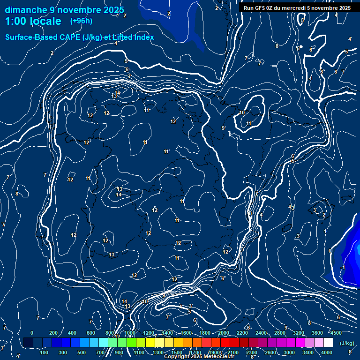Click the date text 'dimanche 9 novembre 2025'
65,10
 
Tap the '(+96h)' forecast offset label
81,21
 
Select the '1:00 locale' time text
33,21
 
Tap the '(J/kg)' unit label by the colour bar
347,343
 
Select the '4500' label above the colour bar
336,333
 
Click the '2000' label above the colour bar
224,333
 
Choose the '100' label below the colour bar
45,352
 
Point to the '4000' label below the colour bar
327,352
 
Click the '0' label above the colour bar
32,333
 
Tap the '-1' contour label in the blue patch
343,267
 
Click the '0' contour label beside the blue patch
330,251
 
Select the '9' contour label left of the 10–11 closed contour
223,128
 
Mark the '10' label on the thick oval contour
242,112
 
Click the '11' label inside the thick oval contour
249,123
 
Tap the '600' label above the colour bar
91,333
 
